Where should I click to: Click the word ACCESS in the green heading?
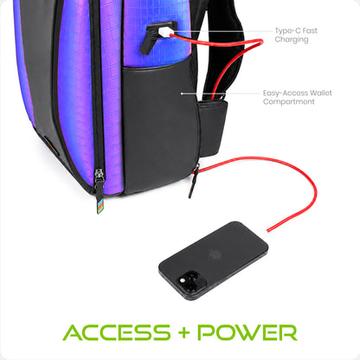coord(117,332)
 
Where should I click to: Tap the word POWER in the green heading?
coord(247,332)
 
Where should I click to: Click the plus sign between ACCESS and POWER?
coord(183,333)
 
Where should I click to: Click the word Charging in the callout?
coord(292,40)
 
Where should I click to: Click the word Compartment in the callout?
coord(288,101)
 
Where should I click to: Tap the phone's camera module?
coord(191,281)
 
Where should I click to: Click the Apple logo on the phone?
coord(214,254)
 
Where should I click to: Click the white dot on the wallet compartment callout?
coord(182,93)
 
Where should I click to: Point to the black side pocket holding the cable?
coord(213,127)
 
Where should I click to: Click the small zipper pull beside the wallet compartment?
coord(194,180)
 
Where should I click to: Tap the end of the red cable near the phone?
coord(268,230)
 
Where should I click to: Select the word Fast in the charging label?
coord(310,30)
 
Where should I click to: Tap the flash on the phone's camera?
coord(182,280)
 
